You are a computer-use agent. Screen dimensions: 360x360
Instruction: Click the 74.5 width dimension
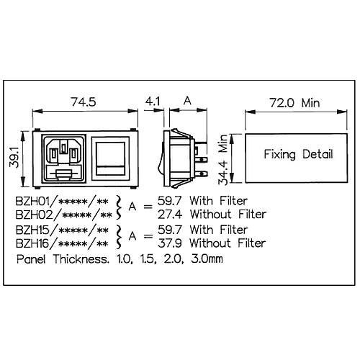84,102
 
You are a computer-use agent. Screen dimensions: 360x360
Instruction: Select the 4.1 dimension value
153,102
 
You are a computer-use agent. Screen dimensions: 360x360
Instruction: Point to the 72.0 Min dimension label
295,103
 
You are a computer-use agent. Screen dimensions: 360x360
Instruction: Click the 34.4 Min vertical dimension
223,160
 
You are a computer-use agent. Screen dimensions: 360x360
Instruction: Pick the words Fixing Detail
298,154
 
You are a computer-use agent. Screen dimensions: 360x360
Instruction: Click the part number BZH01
34,201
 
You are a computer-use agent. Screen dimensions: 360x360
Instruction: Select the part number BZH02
34,215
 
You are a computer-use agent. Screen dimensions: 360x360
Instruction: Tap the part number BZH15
34,230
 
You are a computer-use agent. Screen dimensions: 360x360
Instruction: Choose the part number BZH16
34,243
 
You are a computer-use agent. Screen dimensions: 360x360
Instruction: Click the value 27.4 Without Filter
212,215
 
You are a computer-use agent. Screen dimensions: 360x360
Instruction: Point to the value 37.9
170,243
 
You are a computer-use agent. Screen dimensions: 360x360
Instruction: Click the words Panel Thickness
63,259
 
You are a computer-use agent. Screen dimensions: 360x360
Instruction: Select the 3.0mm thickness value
207,259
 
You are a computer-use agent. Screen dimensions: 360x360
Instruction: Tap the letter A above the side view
187,101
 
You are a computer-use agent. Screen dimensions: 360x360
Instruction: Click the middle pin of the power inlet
63,148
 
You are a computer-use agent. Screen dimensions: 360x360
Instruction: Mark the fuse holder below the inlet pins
64,174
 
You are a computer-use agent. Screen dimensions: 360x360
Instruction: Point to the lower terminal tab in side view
201,174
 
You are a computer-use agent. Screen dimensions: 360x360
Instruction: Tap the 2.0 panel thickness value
174,259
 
